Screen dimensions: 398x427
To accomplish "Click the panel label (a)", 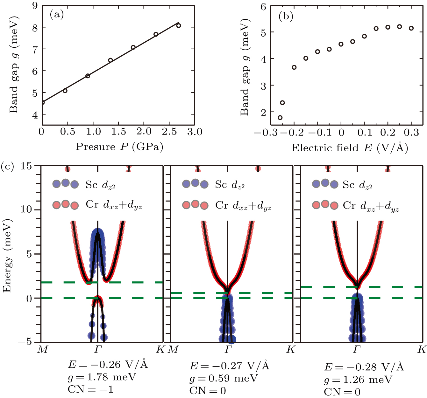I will [57, 15].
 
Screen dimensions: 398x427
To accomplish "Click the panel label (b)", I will [286, 16].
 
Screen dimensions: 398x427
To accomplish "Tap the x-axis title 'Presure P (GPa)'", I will [119, 147].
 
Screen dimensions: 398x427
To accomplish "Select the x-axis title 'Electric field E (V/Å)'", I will [350, 148].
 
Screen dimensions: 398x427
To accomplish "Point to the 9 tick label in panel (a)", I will [35, 6].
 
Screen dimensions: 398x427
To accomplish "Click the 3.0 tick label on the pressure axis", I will [195, 132].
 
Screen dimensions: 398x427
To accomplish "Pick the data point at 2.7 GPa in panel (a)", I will [179, 25].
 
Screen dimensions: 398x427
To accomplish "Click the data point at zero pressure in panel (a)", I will [42, 102].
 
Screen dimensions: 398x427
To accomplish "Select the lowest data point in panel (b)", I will [280, 118].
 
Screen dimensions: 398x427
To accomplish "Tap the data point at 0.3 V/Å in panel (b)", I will [411, 28].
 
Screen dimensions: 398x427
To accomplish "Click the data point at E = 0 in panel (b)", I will [341, 44].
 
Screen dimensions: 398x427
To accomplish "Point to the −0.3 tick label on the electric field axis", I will [266, 133].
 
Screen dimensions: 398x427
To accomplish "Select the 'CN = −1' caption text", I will [90, 389].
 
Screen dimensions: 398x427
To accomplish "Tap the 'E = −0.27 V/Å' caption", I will [230, 366].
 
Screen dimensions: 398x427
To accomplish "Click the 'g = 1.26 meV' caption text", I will [358, 380].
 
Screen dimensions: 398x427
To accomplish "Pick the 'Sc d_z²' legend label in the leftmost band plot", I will [100, 185].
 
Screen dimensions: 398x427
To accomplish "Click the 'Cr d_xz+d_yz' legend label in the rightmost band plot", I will [371, 206].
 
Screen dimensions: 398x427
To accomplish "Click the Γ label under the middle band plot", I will [228, 350].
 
